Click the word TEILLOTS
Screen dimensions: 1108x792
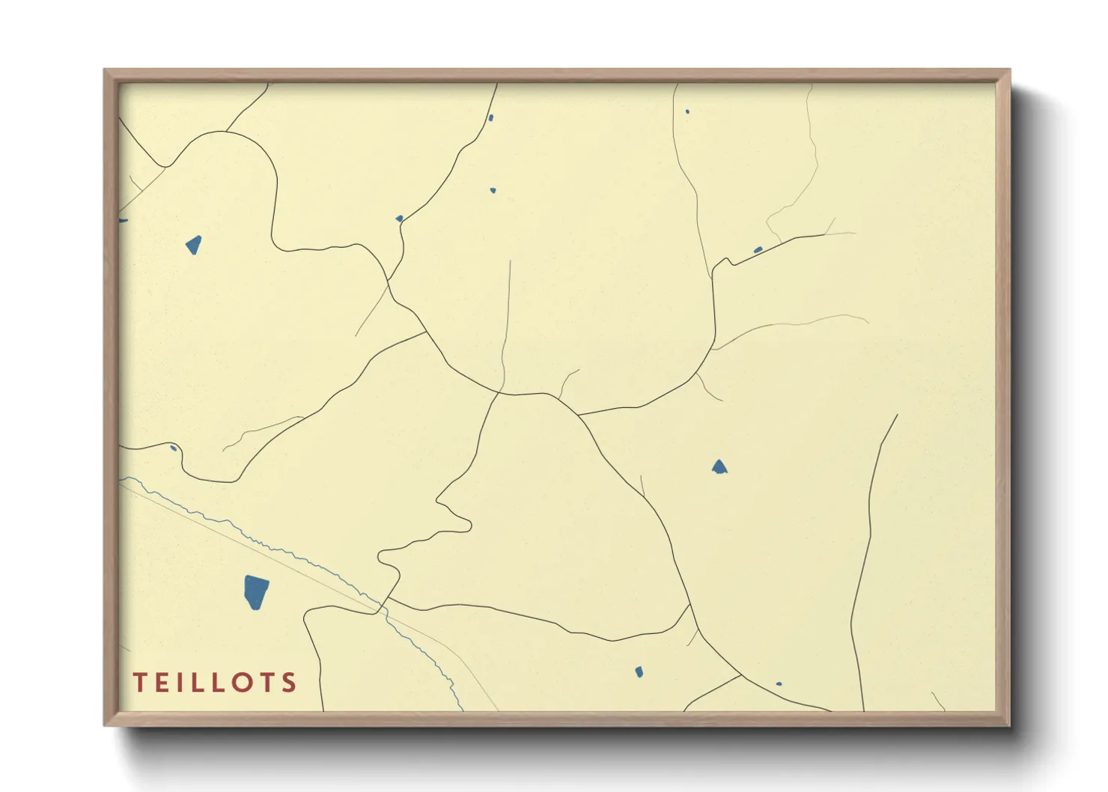pos(215,683)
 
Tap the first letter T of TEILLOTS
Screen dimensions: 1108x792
pos(140,683)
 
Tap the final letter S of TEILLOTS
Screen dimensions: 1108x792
pos(290,683)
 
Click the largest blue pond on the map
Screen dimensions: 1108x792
pos(256,592)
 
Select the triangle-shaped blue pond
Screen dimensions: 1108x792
pos(719,468)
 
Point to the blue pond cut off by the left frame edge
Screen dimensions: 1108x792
pos(122,221)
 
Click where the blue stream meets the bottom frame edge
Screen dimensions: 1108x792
pos(462,710)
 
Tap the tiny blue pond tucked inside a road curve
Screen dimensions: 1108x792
pos(174,448)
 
